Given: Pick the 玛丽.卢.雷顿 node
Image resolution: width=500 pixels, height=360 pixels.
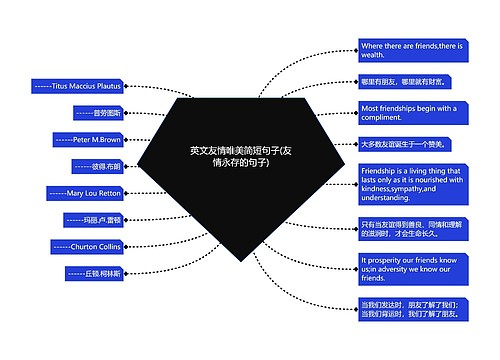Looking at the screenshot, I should click(x=91, y=219).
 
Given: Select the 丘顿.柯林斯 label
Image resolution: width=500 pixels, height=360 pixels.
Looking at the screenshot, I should click(x=93, y=272).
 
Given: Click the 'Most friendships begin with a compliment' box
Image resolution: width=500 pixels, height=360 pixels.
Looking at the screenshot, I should click(x=409, y=112).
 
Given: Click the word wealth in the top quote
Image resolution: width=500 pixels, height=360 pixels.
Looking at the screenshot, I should click(x=375, y=57).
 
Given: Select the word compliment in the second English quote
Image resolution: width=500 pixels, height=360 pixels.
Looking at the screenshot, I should click(x=382, y=117).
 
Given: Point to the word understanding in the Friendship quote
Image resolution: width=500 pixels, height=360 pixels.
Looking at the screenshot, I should click(x=391, y=198).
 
